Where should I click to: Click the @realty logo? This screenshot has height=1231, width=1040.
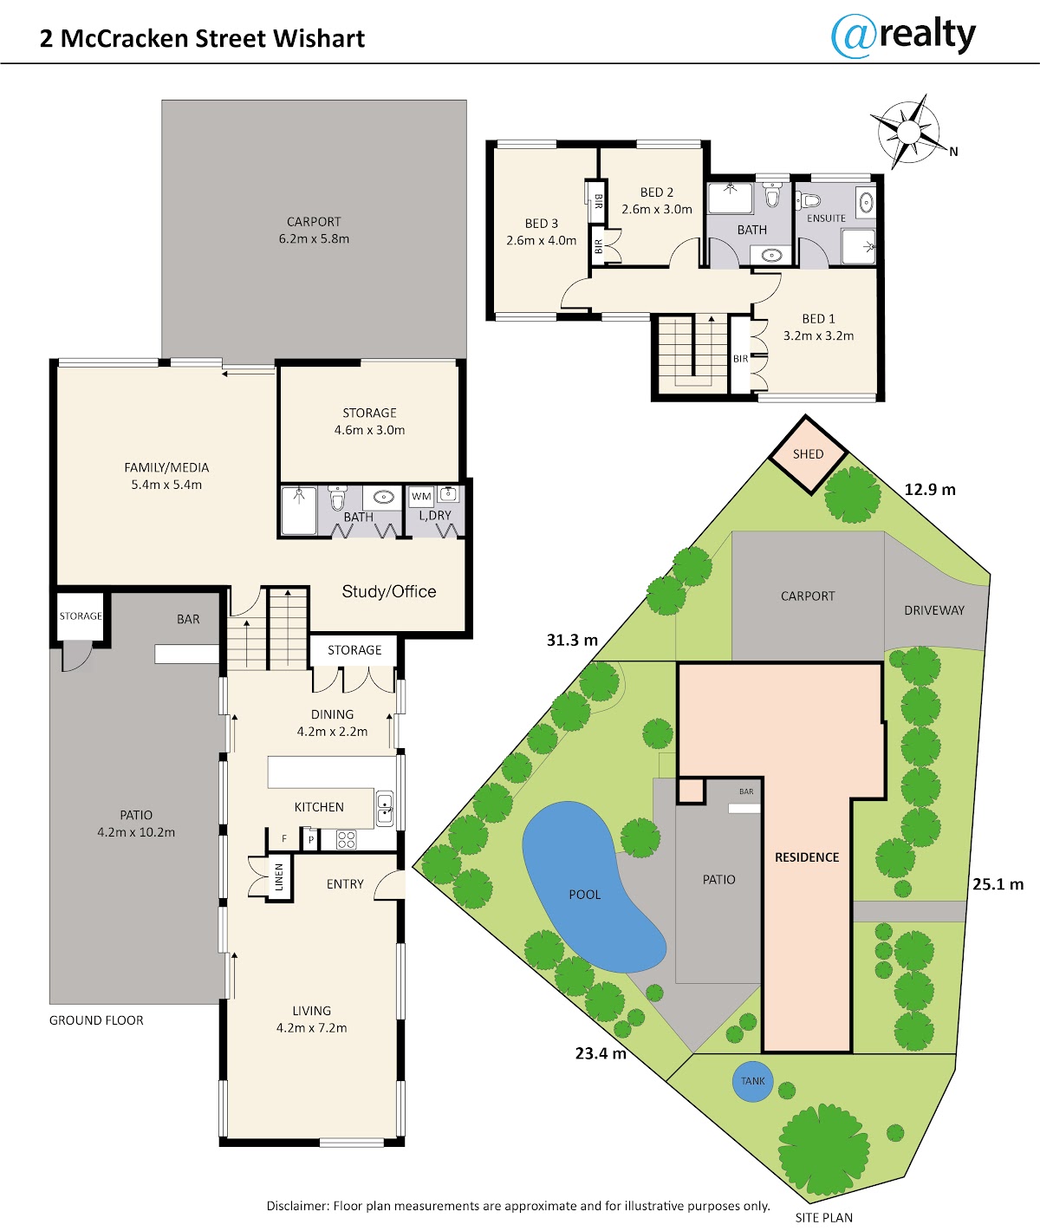click(x=902, y=36)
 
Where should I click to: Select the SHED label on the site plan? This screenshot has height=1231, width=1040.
click(x=808, y=454)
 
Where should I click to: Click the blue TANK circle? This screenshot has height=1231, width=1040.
click(x=752, y=1081)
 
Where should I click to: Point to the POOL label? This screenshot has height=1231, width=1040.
click(x=584, y=895)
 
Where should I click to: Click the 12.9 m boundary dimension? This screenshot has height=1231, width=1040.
click(x=930, y=489)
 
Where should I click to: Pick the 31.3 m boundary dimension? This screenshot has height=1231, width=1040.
click(x=572, y=640)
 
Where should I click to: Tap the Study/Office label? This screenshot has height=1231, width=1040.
click(x=389, y=591)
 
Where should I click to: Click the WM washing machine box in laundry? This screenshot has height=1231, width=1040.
click(x=421, y=497)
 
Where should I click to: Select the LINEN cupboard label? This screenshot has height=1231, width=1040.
click(x=279, y=876)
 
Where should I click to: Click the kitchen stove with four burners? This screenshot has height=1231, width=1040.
click(x=346, y=839)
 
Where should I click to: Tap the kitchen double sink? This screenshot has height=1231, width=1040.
click(x=385, y=808)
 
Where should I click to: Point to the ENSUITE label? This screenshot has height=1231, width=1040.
click(x=826, y=218)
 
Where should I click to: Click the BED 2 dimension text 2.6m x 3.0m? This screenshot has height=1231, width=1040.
click(x=657, y=209)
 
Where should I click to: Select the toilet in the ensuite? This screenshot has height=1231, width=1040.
click(x=809, y=200)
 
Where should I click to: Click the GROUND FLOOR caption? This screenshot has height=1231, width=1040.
click(x=96, y=1020)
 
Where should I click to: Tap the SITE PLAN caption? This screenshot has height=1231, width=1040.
click(x=823, y=1217)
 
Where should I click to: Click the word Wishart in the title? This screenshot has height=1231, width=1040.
click(x=319, y=38)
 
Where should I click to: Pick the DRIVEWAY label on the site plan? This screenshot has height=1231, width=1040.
click(x=934, y=610)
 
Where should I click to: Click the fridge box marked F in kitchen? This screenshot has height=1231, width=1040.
click(x=284, y=838)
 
